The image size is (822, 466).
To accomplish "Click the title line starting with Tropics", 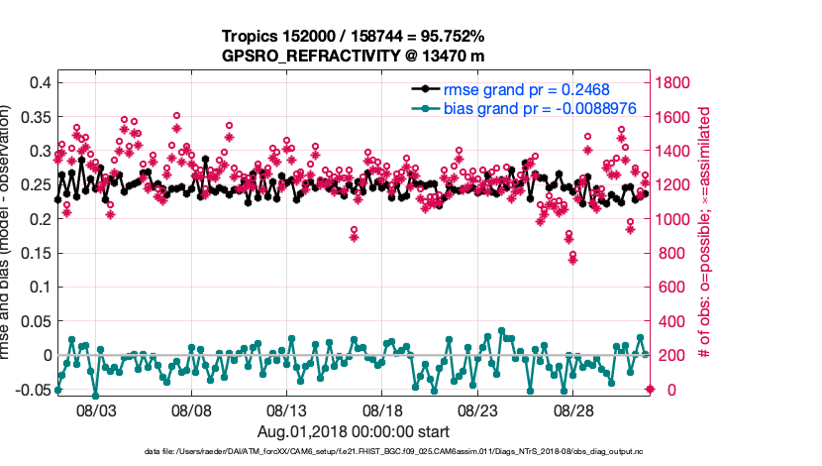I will coord(355,37).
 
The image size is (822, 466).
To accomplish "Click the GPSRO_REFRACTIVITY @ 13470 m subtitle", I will coord(355,56).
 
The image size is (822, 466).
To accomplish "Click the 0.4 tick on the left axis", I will coord(40,82).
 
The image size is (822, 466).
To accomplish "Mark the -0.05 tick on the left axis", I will coord(33,390).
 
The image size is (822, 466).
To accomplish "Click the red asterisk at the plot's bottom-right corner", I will coord(650,389).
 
